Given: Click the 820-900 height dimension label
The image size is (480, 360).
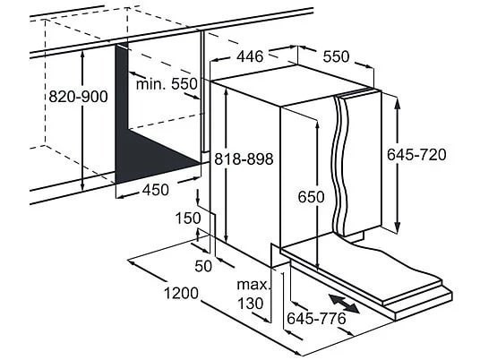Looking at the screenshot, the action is (79, 97).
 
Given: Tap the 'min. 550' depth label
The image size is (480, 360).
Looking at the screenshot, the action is (167, 83).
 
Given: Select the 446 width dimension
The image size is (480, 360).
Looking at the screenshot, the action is (250, 56).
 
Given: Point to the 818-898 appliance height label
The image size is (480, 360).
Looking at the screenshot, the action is (244, 159).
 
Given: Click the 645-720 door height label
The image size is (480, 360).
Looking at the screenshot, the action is (416, 154).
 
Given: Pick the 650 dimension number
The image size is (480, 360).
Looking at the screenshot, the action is (312, 197).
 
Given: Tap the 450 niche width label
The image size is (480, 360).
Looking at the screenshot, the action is (156, 190).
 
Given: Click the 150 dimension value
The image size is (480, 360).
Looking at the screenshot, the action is (188, 219).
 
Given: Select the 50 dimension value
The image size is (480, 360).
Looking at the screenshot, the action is (203, 266).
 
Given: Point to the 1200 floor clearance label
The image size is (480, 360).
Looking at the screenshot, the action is (181, 293).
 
